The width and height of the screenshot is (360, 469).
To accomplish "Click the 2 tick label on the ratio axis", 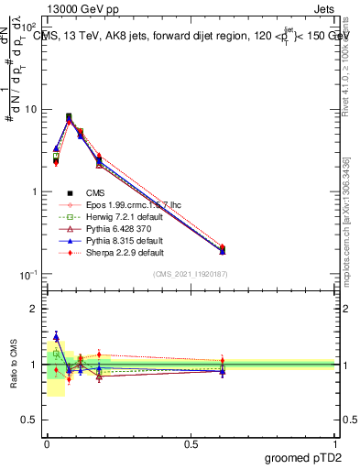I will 34,309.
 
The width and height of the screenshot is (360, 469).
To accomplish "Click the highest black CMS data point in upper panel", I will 69,117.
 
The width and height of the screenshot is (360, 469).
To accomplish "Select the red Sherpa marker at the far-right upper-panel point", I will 223,247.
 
